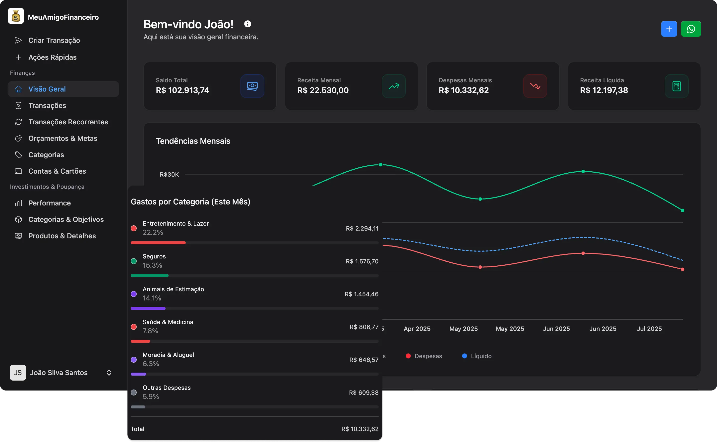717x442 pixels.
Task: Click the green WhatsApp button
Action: [x=691, y=29]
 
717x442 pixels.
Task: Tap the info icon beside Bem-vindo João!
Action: [x=247, y=24]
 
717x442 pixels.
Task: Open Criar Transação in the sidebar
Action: [x=54, y=40]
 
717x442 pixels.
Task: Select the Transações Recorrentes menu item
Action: [x=68, y=122]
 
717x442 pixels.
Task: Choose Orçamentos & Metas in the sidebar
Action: [x=62, y=138]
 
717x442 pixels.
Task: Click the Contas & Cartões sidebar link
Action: [x=57, y=171]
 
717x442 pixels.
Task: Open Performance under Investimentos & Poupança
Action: [x=50, y=203]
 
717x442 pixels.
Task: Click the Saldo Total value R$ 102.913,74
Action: [x=182, y=90]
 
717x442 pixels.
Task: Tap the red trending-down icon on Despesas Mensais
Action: [x=535, y=86]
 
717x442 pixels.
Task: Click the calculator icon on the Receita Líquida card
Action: [x=676, y=86]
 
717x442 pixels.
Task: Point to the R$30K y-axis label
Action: [x=169, y=175]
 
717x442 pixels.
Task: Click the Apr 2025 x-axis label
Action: [x=417, y=329]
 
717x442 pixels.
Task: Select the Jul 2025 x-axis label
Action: [x=649, y=329]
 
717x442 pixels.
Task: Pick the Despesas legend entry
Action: [x=424, y=356]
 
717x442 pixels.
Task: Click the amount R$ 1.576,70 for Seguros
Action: [x=362, y=261]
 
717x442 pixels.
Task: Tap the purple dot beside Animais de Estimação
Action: [x=134, y=294]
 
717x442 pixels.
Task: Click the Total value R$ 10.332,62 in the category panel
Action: [x=359, y=429]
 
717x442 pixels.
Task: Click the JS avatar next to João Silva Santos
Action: [x=18, y=372]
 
